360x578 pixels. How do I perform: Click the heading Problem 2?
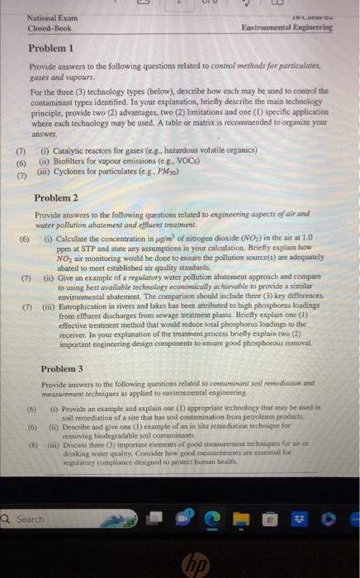point(55,198)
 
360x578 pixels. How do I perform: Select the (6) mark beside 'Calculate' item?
point(25,239)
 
